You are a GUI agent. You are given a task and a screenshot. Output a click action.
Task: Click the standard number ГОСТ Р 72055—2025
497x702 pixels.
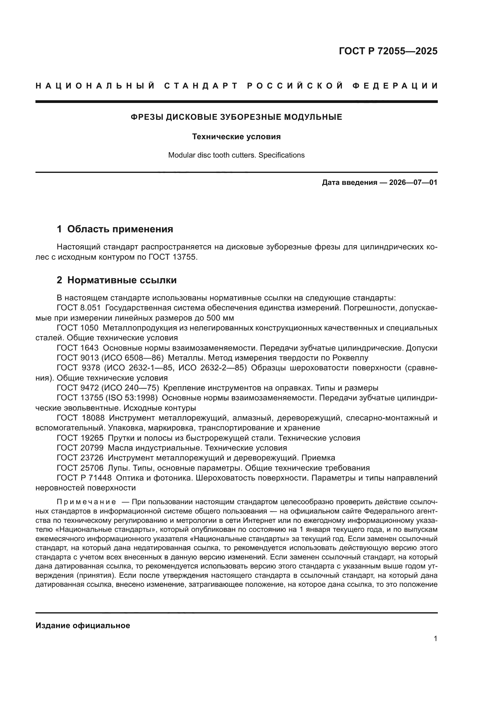pyautogui.click(x=388, y=51)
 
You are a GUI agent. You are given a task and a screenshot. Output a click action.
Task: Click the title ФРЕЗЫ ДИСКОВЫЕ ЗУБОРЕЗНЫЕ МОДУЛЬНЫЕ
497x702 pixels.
pyautogui.click(x=236, y=117)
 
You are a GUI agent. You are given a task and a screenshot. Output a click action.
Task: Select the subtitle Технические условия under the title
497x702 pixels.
pyautogui.click(x=236, y=137)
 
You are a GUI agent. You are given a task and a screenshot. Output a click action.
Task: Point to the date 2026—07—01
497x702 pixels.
pyautogui.click(x=413, y=183)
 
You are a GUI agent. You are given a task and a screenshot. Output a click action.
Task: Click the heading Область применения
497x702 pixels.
pyautogui.click(x=120, y=229)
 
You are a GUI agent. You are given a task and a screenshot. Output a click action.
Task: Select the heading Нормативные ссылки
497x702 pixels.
pyautogui.click(x=122, y=280)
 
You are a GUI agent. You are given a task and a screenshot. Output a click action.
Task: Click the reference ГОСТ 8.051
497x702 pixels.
pyautogui.click(x=79, y=308)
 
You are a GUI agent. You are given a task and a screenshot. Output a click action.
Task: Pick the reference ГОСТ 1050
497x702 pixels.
pyautogui.click(x=78, y=328)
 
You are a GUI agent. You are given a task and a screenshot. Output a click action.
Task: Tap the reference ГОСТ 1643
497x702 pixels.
pyautogui.click(x=78, y=348)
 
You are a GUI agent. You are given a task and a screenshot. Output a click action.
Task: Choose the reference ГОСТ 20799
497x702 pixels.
pyautogui.click(x=80, y=448)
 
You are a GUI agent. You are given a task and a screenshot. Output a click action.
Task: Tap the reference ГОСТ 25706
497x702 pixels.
pyautogui.click(x=80, y=468)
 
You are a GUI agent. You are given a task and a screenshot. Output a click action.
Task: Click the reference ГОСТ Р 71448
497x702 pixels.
pyautogui.click(x=84, y=478)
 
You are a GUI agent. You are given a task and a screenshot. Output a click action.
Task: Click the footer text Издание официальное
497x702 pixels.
pyautogui.click(x=83, y=625)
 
